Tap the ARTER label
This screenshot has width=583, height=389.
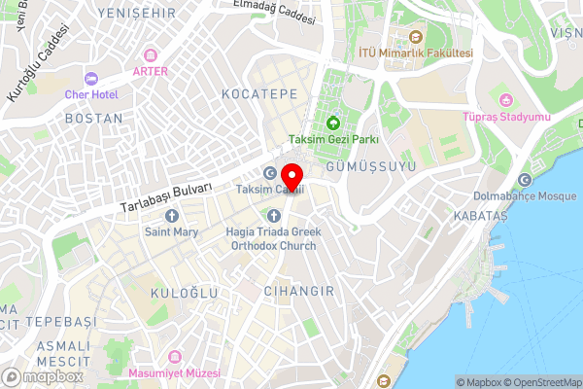point(150,71)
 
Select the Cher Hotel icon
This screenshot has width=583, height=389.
point(91,78)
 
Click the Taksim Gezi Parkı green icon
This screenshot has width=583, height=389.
point(333,123)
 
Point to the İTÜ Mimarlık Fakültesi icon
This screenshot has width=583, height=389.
point(415,37)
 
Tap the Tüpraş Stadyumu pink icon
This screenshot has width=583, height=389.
point(505,100)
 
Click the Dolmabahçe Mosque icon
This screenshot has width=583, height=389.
point(526,180)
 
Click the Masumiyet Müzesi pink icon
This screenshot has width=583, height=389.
point(175,358)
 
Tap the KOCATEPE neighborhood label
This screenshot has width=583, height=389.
point(258,94)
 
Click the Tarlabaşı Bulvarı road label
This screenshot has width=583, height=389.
point(166,199)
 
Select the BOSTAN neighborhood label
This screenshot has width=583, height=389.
point(92,118)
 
